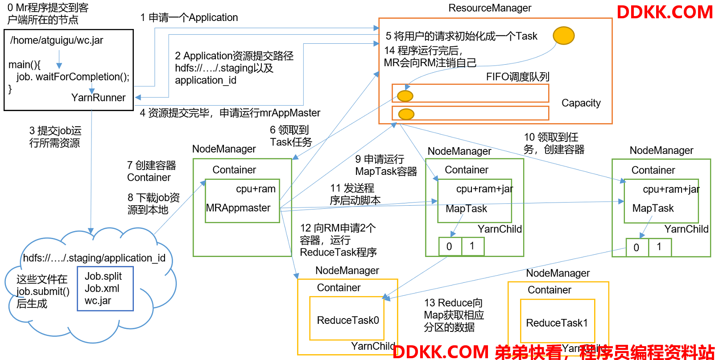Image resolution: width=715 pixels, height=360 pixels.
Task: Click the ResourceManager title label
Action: tap(490, 8)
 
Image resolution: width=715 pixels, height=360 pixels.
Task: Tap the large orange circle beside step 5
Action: tap(564, 35)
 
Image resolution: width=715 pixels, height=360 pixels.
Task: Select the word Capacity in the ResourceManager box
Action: tap(581, 103)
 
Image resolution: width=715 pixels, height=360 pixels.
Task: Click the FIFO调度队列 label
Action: tap(517, 77)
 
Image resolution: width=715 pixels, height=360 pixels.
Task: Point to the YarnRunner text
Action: tap(98, 98)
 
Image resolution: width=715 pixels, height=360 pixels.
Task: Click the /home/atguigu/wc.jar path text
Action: tap(57, 41)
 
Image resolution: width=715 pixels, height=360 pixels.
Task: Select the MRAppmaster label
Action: tap(238, 208)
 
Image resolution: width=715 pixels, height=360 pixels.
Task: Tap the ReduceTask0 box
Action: tap(347, 319)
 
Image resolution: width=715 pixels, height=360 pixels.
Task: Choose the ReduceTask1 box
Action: tap(557, 321)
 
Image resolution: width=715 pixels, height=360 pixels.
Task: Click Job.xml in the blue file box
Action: tap(102, 289)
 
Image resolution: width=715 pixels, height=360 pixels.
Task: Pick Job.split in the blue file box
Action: tap(103, 277)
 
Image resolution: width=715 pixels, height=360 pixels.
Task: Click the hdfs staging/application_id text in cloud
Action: tap(94, 258)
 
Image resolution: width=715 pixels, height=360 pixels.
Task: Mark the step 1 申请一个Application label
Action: tap(189, 17)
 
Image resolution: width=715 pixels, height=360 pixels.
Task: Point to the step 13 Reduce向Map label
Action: tap(454, 314)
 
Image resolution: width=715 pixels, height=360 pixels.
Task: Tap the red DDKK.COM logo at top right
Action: tap(665, 12)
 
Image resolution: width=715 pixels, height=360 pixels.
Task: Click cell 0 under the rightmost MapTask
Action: tap(637, 247)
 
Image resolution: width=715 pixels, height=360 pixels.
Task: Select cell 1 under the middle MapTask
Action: tap(472, 246)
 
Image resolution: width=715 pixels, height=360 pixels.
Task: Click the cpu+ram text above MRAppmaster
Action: tap(256, 189)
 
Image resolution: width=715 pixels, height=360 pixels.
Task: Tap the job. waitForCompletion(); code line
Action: tap(73, 77)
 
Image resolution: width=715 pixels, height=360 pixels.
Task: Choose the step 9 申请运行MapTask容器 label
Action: tap(386, 166)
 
